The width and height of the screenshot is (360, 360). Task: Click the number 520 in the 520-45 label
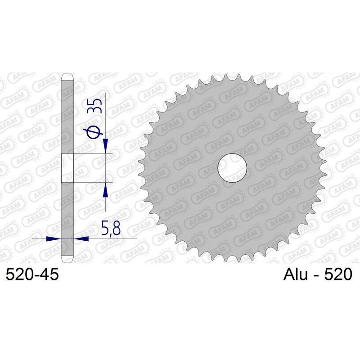tap(19, 274)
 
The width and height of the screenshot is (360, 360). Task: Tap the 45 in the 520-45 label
tap(49, 274)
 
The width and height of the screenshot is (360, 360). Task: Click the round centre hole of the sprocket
tap(233, 169)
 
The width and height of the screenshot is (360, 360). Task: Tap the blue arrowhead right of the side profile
tap(81, 238)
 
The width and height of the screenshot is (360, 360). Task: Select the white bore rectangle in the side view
tap(67, 168)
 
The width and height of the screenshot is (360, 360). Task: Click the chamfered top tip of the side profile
tap(67, 76)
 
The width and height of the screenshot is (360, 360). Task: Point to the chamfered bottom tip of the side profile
tap(67, 261)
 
